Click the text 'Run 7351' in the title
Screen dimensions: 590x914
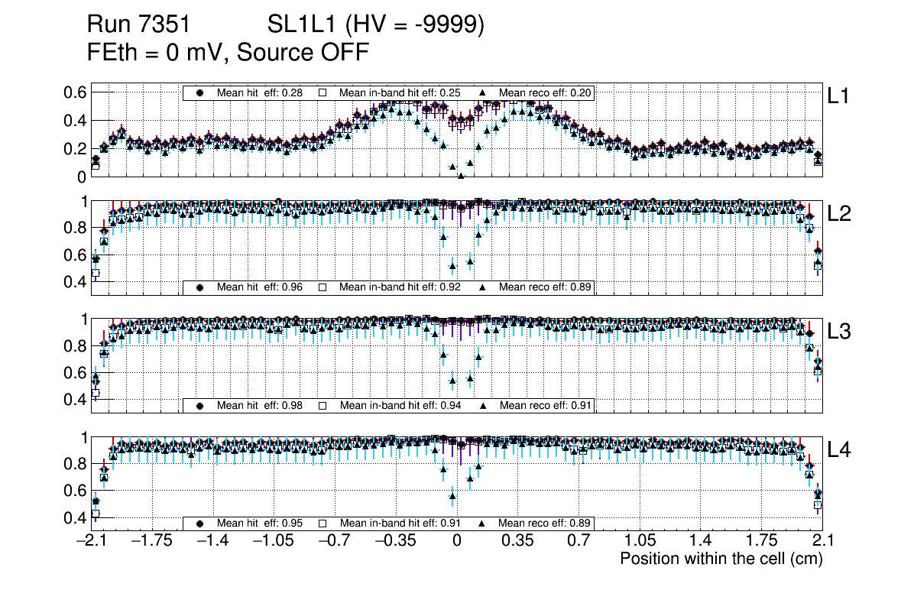(138, 25)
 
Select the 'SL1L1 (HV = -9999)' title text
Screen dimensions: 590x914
(376, 25)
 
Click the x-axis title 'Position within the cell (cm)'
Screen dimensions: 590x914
(721, 559)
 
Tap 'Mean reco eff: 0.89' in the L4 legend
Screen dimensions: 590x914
(544, 524)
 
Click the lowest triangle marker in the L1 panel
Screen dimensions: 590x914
(461, 176)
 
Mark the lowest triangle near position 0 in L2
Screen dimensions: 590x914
(452, 267)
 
